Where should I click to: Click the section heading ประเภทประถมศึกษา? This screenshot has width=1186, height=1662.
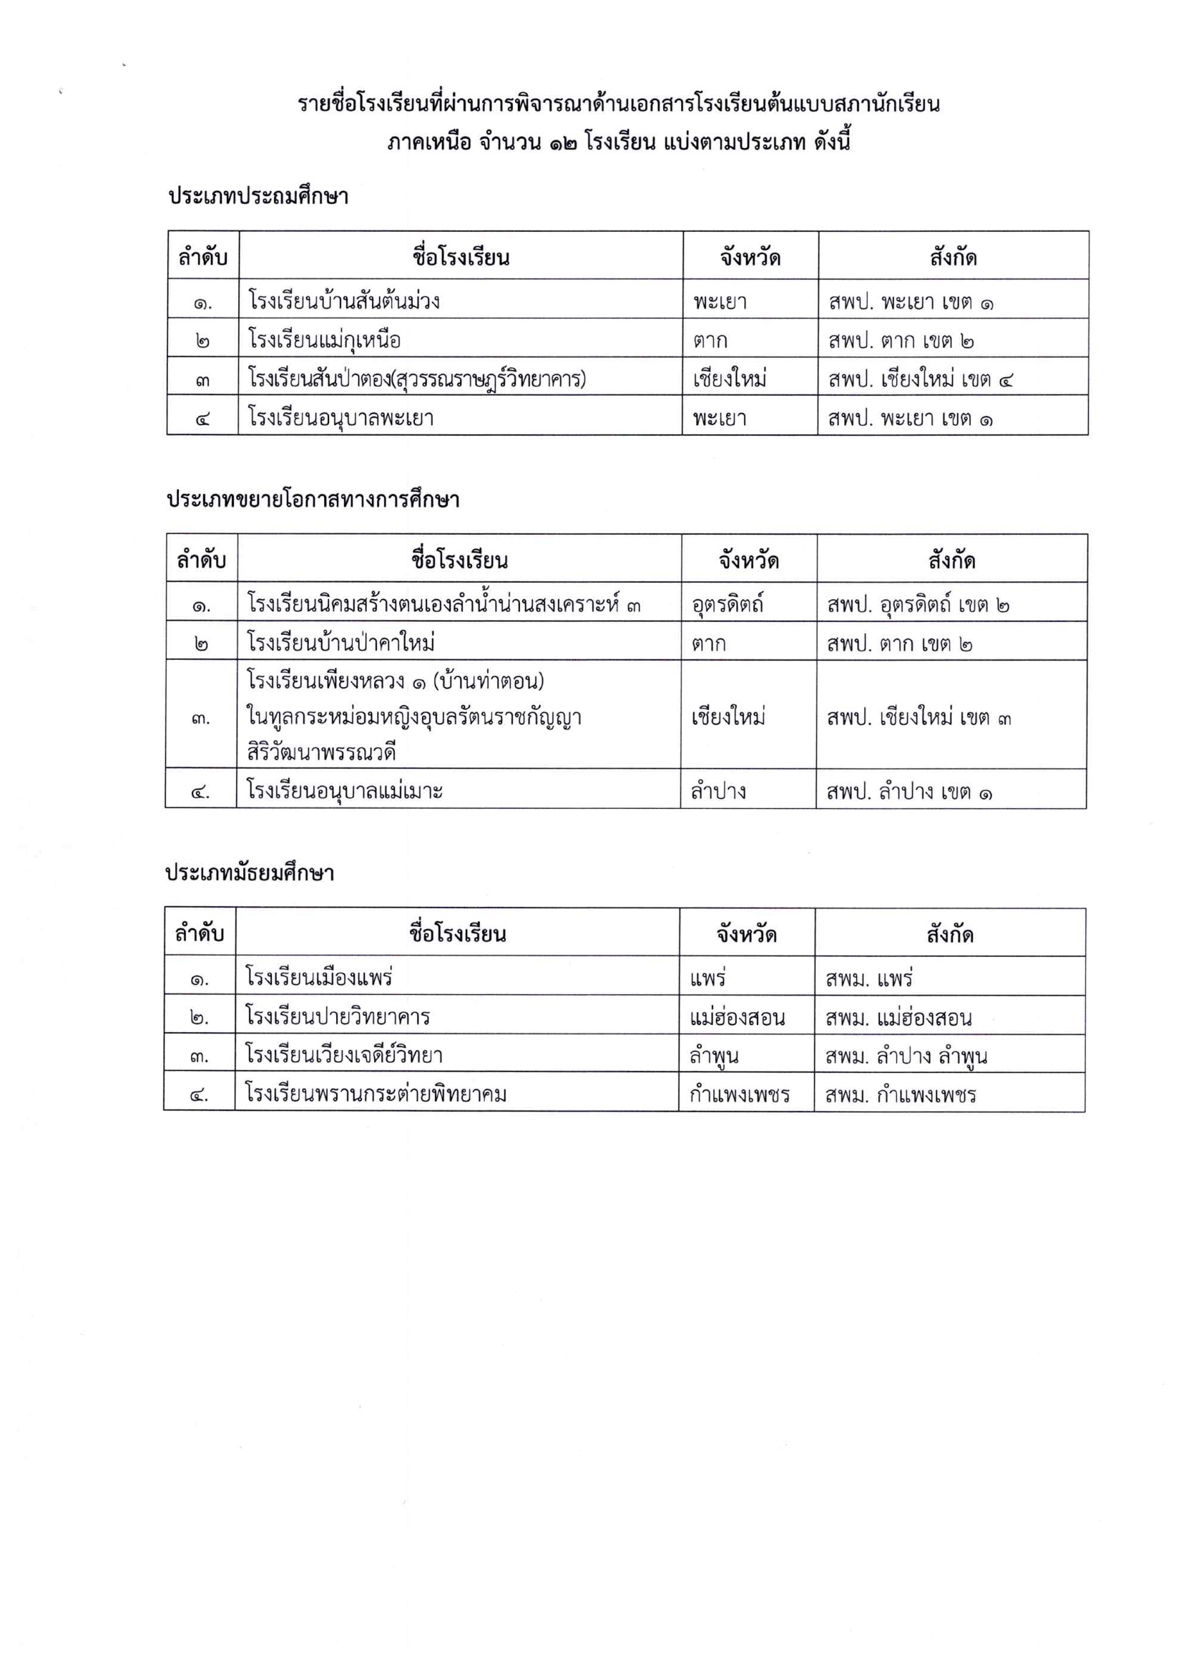click(x=258, y=197)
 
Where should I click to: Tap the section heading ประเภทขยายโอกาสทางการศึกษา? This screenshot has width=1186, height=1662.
click(x=313, y=500)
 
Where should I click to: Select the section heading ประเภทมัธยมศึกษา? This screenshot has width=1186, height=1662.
click(x=250, y=873)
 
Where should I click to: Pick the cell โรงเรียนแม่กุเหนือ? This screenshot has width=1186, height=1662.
click(x=324, y=340)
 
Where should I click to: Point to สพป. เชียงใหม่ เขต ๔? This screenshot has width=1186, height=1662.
click(x=921, y=379)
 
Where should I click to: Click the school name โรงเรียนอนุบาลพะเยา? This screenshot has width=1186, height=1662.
click(x=341, y=418)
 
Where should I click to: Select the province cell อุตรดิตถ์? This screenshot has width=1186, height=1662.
click(x=727, y=605)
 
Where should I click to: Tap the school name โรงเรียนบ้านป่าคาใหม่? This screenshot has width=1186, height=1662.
click(x=341, y=643)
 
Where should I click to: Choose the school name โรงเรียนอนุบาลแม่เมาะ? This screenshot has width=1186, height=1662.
click(x=345, y=791)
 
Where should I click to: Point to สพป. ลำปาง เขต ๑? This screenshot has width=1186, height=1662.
click(x=909, y=792)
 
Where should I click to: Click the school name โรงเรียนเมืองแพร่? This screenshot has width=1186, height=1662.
click(x=319, y=978)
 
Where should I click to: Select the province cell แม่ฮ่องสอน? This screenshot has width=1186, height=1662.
click(x=737, y=1017)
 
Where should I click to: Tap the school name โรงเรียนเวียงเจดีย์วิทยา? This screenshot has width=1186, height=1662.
click(x=344, y=1055)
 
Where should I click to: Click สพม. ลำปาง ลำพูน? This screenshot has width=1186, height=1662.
click(x=906, y=1056)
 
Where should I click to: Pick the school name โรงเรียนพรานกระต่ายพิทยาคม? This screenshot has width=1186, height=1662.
click(x=376, y=1094)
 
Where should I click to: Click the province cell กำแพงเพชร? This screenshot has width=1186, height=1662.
click(x=739, y=1094)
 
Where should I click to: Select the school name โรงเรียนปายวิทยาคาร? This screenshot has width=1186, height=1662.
click(x=338, y=1016)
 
